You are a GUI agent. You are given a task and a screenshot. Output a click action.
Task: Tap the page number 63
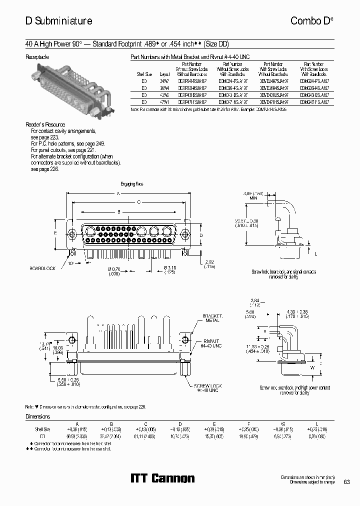[346, 482]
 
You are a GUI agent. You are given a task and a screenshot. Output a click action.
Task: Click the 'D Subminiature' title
[58, 21]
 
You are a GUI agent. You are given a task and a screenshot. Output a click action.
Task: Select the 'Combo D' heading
[309, 21]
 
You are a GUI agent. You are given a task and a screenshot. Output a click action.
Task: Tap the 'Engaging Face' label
[132, 184]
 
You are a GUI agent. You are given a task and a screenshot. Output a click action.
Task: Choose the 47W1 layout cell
[164, 101]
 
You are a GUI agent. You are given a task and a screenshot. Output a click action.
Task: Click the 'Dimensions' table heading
[38, 416]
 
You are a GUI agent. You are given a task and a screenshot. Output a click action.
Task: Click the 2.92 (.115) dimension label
[210, 263]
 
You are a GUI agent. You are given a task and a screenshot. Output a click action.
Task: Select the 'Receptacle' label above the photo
[37, 57]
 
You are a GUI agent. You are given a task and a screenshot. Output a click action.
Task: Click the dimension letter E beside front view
[55, 233]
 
